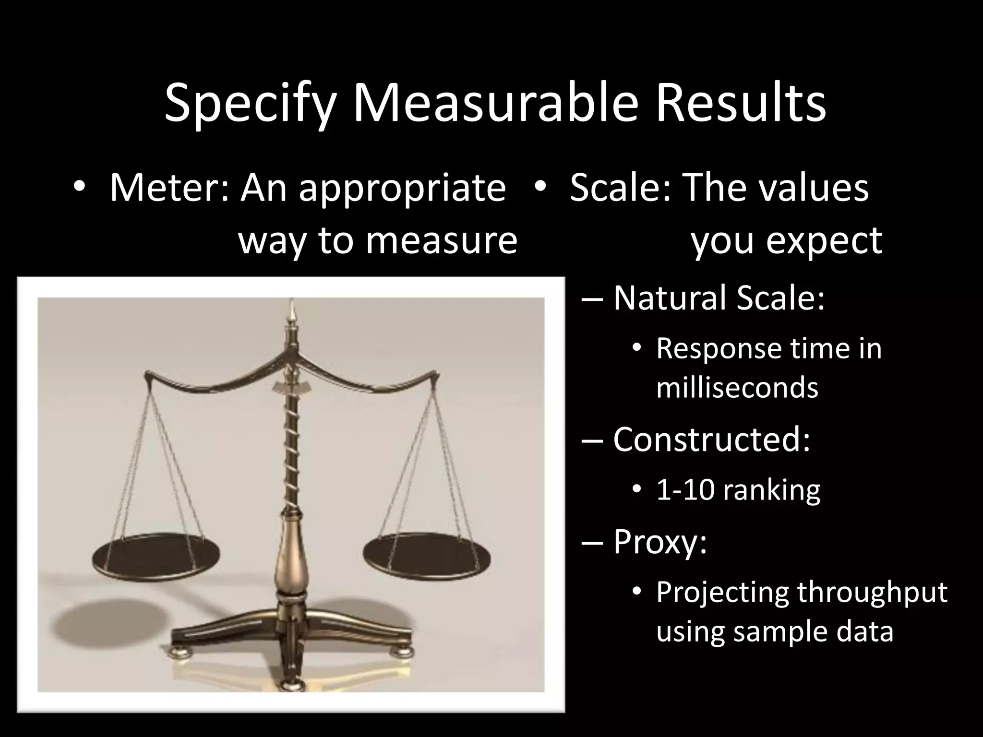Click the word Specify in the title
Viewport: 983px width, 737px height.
click(249, 103)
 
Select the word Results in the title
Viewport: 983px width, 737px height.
click(741, 102)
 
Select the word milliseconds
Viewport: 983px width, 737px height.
click(737, 388)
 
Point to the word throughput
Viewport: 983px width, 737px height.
click(872, 592)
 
